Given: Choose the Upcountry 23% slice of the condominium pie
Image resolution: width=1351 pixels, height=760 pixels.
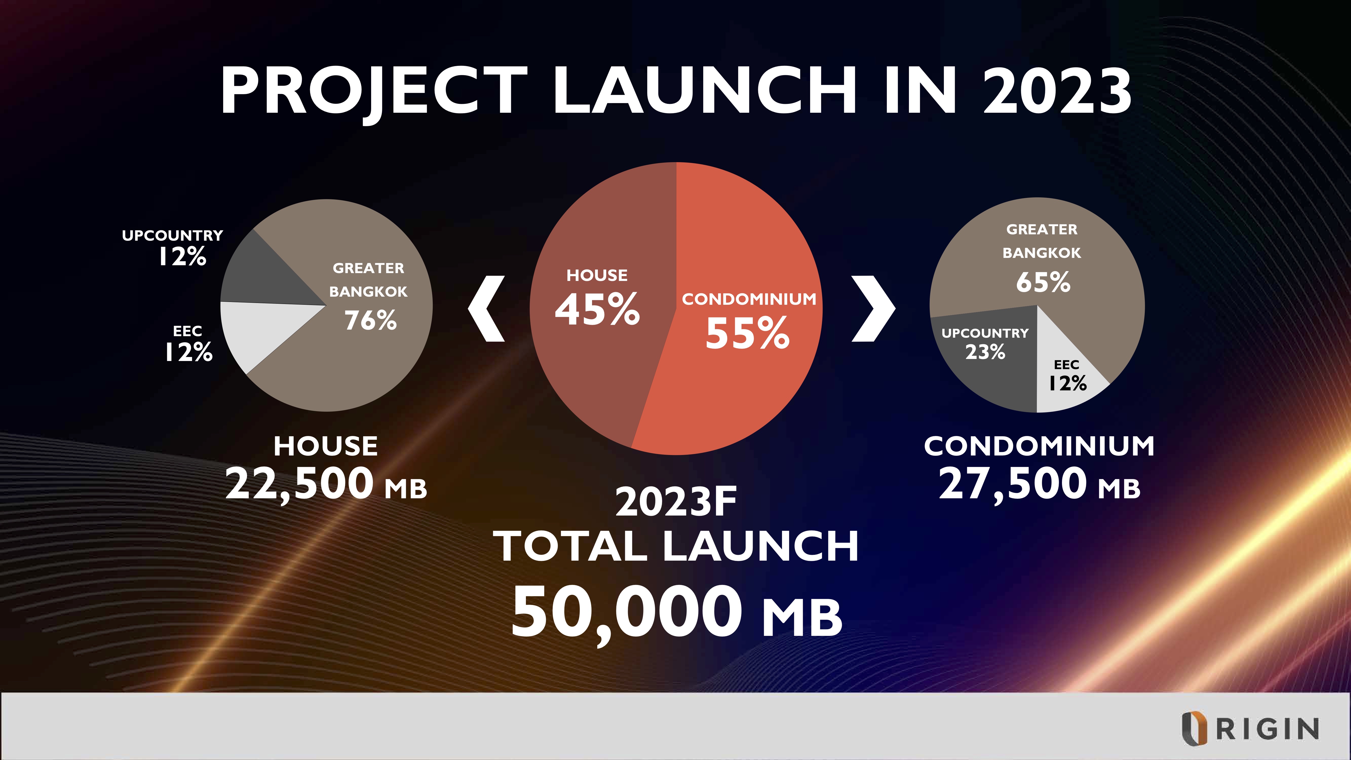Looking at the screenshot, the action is coord(986,357).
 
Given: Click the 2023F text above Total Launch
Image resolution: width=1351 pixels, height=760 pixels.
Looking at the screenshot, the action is coord(676,502).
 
